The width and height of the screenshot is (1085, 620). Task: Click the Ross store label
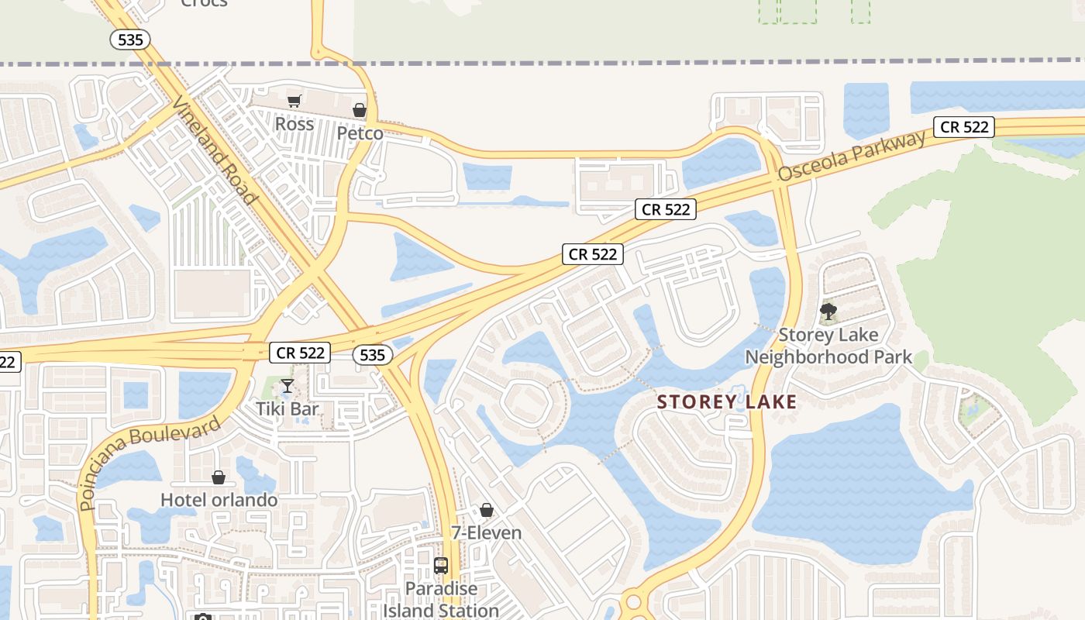(x=294, y=124)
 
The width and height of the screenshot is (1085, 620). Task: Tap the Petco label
(x=360, y=133)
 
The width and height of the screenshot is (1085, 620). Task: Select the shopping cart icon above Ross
(x=294, y=101)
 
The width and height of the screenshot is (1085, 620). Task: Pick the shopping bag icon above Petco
(x=359, y=110)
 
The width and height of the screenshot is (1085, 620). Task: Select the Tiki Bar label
(x=288, y=408)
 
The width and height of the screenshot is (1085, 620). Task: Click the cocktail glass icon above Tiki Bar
(x=288, y=385)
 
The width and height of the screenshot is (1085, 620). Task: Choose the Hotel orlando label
(x=219, y=500)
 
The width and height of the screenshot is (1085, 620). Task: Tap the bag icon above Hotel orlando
(x=219, y=477)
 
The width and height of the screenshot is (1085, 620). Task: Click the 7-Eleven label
(x=486, y=533)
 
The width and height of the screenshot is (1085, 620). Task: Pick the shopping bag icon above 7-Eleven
(x=486, y=510)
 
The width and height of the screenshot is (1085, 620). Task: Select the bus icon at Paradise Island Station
(x=441, y=566)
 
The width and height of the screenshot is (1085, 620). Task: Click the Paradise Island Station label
(x=441, y=599)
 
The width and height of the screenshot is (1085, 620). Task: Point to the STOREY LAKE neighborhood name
(x=726, y=402)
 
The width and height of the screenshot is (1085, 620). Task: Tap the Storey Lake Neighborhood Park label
(x=828, y=346)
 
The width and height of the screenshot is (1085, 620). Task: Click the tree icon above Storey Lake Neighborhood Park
(x=828, y=312)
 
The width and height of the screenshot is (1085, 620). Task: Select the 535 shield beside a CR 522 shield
(x=372, y=355)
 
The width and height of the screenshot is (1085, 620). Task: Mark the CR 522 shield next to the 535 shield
(x=301, y=353)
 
